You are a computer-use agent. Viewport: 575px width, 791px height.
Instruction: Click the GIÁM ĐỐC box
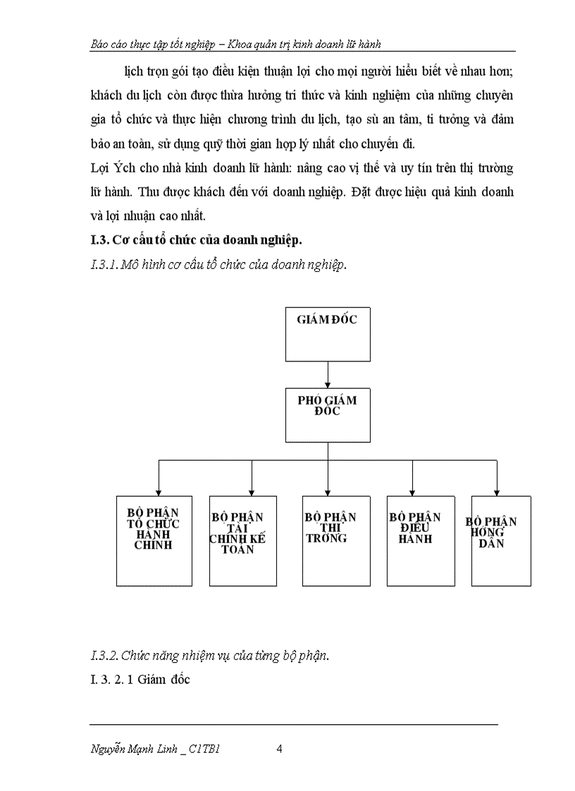327,332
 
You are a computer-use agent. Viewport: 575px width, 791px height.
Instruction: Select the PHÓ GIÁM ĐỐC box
327,415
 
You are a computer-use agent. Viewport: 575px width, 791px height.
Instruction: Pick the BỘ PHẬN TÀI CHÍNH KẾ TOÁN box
243,540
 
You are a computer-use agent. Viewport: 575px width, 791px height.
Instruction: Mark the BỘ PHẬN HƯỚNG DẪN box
500,540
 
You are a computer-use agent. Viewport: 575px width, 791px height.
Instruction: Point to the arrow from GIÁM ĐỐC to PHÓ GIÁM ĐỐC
327,373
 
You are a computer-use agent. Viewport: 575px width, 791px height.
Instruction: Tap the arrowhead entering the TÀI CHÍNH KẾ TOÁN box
252,492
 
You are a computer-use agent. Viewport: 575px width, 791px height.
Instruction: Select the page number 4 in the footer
280,749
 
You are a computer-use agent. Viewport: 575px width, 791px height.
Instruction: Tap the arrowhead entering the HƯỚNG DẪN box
497,492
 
